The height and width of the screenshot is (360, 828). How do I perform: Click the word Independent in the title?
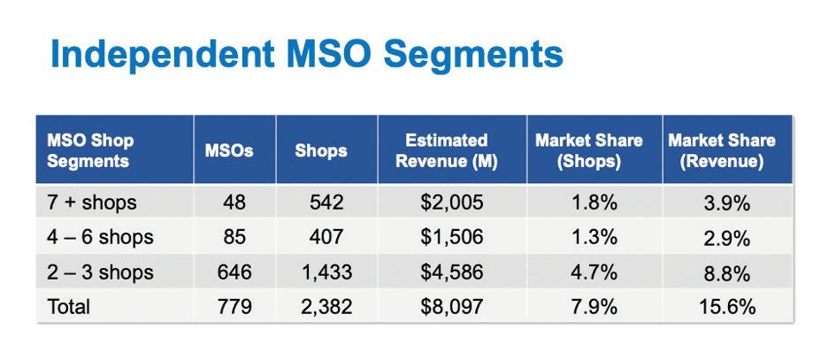[163, 55]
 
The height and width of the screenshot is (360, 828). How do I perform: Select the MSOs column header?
[229, 150]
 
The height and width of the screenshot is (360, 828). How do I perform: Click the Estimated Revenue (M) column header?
[447, 151]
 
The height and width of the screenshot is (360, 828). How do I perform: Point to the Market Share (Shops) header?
[589, 151]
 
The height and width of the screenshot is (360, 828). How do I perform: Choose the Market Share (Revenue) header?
[722, 151]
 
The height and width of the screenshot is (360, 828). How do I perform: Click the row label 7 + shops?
[92, 203]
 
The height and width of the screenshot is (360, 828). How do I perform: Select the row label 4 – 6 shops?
[100, 237]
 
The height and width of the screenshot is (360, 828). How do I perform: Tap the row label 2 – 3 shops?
[100, 272]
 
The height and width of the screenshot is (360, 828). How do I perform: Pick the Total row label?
[69, 307]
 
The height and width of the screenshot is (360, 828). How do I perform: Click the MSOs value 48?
[234, 203]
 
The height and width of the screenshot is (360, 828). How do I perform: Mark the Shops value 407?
[326, 237]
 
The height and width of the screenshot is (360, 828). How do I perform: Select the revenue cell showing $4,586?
[451, 272]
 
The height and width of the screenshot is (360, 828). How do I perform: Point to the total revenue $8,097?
[451, 307]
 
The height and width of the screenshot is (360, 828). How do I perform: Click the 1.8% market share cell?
[594, 203]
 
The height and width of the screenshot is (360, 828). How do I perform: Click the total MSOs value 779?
[234, 307]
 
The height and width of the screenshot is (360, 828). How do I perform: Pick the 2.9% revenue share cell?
[727, 239]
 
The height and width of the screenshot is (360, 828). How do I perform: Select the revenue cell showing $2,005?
[451, 203]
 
